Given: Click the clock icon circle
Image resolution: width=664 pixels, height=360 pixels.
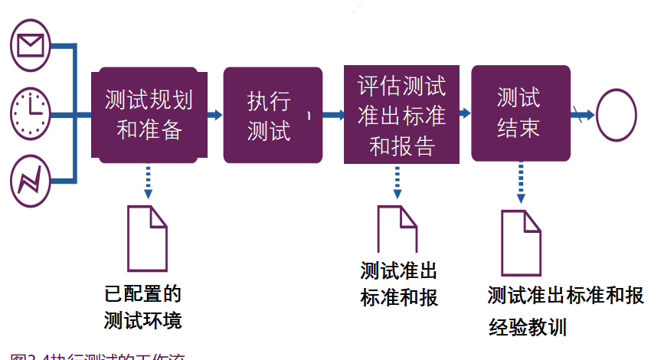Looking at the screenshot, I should coord(31,113).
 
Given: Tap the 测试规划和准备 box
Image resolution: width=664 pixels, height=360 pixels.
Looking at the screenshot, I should coord(149,114).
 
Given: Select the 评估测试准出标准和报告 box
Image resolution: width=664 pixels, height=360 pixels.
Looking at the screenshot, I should coord(401,114).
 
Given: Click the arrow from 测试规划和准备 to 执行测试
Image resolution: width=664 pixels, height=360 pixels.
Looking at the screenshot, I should coord(215,115).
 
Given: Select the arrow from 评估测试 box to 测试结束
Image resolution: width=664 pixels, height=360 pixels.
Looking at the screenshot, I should coord(464,114).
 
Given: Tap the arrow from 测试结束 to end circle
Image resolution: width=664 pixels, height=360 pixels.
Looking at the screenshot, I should coord(582,115).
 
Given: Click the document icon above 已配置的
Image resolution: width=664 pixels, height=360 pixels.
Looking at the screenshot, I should coord(147,237).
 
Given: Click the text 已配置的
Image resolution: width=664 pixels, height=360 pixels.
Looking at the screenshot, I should coord(143,293).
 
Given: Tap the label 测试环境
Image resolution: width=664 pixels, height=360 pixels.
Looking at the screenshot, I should coord(143,319).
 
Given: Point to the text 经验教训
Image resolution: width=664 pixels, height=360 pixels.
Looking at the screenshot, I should coord(528,327).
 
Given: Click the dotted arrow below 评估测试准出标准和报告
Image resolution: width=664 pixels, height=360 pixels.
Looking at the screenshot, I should coord(398,182).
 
